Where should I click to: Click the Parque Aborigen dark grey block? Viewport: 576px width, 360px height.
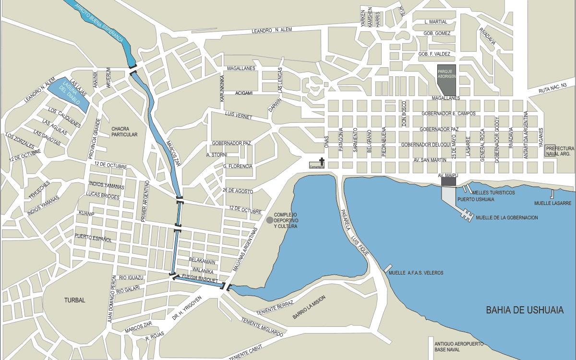[x=446, y=79]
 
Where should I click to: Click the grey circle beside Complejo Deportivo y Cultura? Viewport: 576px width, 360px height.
[x=270, y=220]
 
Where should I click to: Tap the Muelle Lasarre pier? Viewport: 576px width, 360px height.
[x=553, y=194]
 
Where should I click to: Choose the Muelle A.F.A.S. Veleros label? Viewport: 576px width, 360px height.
[x=416, y=273]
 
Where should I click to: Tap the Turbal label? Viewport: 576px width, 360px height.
[x=74, y=300]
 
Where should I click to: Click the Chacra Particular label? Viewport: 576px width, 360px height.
[x=124, y=132]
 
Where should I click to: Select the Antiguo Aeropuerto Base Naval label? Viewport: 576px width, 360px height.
[x=458, y=348]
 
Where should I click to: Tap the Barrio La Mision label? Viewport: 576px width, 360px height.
[x=309, y=308]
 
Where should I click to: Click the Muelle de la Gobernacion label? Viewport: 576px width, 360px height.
[x=506, y=217]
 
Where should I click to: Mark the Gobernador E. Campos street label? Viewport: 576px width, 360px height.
[x=448, y=113]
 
